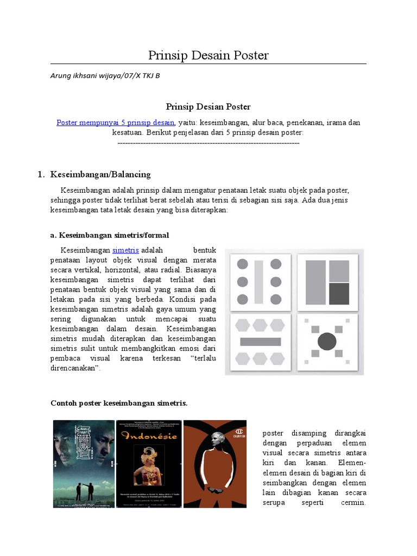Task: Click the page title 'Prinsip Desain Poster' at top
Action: (x=208, y=55)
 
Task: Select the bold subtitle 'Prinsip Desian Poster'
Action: (x=208, y=107)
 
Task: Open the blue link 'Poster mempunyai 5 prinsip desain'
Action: (x=116, y=123)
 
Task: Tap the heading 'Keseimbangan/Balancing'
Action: (x=100, y=174)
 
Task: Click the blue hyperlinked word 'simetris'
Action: (x=125, y=250)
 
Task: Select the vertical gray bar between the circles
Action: (x=259, y=282)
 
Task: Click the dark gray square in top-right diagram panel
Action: (x=339, y=293)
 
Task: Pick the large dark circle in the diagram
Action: (x=327, y=341)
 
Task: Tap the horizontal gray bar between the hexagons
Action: (x=260, y=342)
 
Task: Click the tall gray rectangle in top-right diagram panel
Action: (x=315, y=282)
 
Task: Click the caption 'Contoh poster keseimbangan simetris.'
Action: (x=119, y=403)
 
